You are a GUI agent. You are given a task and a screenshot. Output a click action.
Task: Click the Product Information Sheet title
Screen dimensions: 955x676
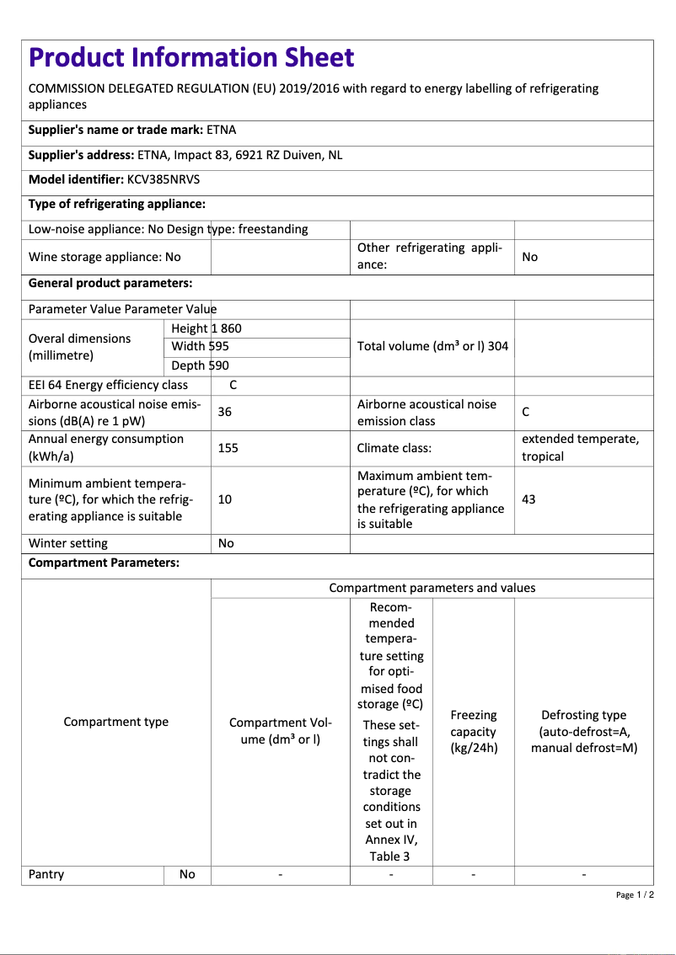[191, 57]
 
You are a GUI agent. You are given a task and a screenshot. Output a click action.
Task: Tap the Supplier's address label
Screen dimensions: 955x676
[81, 155]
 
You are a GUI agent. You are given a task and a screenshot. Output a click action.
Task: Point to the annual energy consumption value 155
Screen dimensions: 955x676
[228, 448]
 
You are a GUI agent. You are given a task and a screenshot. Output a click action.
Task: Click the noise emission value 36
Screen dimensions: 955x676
[225, 412]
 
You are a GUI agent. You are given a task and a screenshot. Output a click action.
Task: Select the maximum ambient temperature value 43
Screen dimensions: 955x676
[528, 499]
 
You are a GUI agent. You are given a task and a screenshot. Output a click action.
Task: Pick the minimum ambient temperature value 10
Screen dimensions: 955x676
[225, 499]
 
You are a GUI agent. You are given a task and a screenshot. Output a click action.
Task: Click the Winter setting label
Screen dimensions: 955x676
[68, 543]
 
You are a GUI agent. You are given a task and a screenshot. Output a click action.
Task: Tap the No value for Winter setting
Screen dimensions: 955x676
[226, 543]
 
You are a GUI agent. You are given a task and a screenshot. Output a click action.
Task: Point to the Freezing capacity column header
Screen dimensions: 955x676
[474, 731]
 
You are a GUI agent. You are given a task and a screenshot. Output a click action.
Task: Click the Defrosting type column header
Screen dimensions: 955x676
[584, 731]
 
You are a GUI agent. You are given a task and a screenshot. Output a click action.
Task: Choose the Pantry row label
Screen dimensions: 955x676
[46, 874]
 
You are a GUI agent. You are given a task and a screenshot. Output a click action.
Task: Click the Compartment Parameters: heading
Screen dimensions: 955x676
[104, 563]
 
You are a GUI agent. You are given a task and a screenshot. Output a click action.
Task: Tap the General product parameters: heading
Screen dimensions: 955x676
[110, 283]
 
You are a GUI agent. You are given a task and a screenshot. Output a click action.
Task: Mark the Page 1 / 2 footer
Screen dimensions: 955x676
[635, 894]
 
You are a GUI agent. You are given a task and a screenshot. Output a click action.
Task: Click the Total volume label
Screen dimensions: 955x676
[413, 346]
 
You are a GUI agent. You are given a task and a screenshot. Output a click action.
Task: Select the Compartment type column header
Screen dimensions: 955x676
[116, 722]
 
